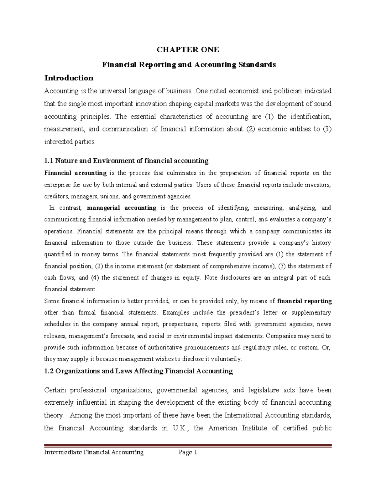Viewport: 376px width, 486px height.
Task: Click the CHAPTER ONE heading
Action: [x=188, y=50]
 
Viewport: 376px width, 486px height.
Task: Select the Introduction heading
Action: [x=69, y=78]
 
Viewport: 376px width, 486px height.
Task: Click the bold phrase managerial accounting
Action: [x=122, y=208]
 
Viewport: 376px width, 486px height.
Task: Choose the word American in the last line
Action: [x=223, y=428]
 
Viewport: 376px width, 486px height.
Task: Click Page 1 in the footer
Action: [x=187, y=452]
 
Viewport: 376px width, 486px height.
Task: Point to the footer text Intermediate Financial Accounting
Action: [x=94, y=452]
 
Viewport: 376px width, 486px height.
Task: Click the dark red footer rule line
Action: [x=188, y=446]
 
